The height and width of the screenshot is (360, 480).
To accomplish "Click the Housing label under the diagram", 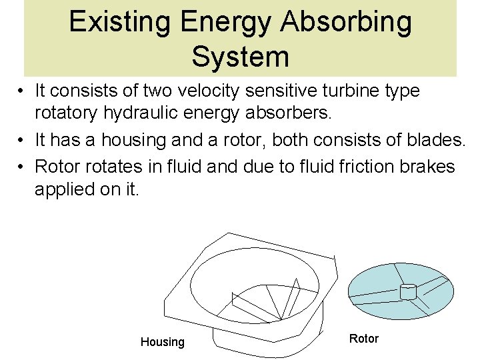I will click(162, 342).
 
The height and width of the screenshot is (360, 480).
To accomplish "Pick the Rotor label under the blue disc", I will click(363, 339).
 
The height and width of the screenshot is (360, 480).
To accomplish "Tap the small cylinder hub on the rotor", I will click(407, 291).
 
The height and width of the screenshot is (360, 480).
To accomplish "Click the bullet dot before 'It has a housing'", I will click(22, 141).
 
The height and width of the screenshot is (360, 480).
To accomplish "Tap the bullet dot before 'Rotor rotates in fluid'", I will click(22, 166).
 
